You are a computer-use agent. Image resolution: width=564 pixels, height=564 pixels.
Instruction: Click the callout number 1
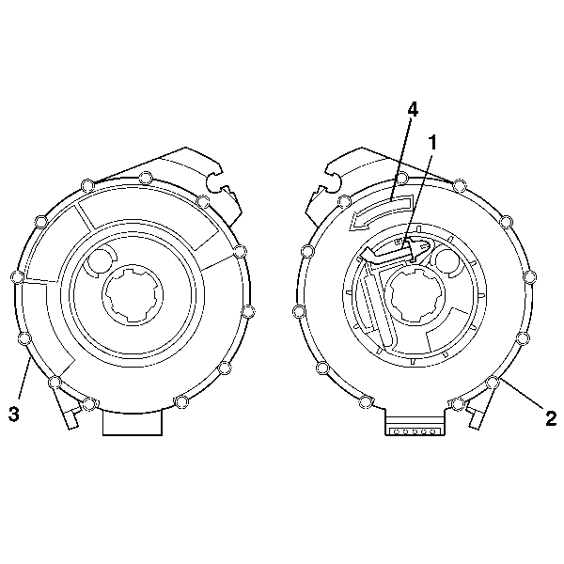point(432,142)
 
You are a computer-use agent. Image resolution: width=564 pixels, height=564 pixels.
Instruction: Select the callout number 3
point(12,412)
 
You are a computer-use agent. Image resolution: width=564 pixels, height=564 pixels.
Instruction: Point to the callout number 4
point(412,110)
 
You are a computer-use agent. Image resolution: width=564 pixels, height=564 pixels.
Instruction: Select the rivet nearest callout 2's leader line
point(493,382)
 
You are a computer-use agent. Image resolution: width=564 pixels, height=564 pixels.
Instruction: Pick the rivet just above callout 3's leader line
point(24,338)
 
